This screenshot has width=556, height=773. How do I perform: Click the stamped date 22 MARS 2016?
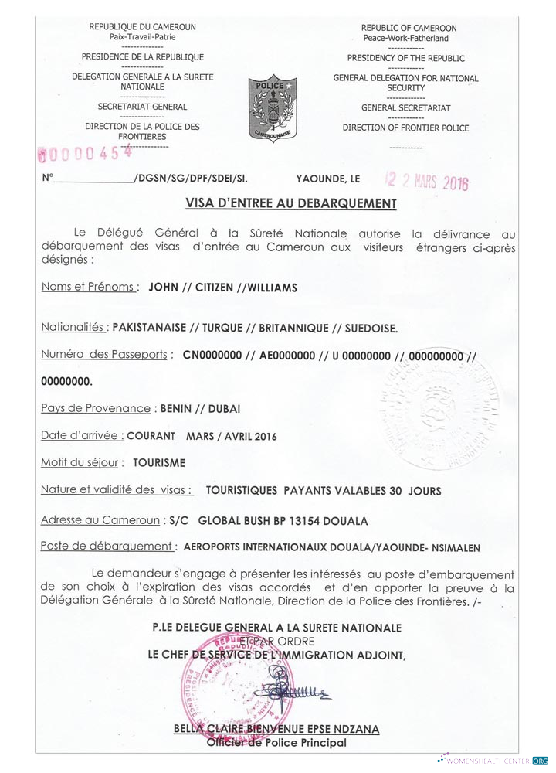coord(428,181)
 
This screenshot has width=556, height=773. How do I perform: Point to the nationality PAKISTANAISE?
coord(149,328)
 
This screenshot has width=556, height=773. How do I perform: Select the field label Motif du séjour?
coord(80,463)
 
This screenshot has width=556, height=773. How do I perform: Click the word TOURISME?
coord(159,464)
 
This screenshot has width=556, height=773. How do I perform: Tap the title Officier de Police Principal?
coord(276,743)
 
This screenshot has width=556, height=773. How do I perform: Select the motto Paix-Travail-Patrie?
coord(143,37)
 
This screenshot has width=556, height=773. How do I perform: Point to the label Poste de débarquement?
coord(107,547)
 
